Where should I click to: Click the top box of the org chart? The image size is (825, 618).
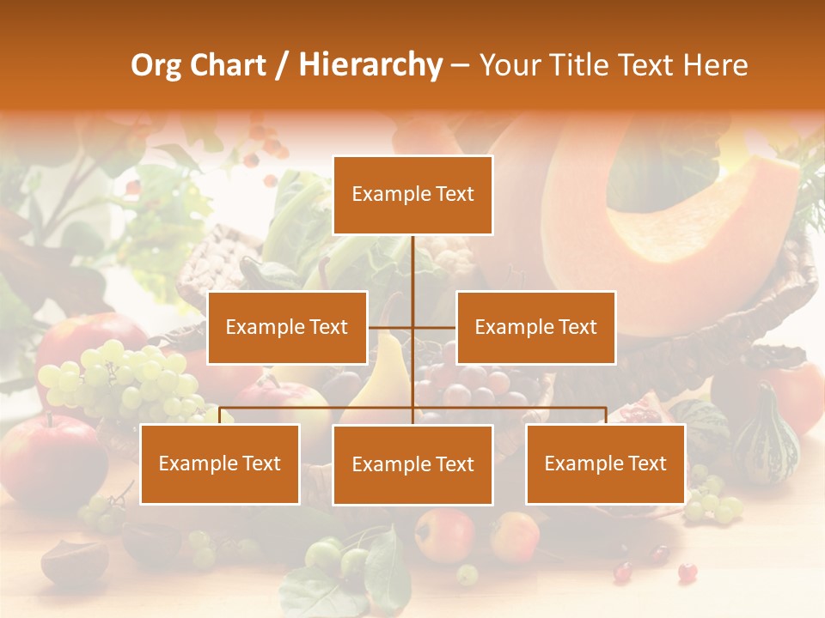point(412,195)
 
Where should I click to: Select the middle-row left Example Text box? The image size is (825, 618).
point(287,327)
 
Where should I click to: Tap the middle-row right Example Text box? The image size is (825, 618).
point(535,327)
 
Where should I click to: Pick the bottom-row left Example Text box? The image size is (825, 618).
point(220,463)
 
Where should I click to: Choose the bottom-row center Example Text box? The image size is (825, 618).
point(412,464)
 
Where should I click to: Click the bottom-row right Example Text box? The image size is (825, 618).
point(605,463)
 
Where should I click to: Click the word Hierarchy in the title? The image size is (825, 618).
point(370,65)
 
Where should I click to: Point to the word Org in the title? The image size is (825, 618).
point(156,65)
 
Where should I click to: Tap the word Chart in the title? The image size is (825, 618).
point(228,65)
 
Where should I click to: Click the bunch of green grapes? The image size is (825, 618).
point(120,378)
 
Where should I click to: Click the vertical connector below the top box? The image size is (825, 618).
point(412,266)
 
